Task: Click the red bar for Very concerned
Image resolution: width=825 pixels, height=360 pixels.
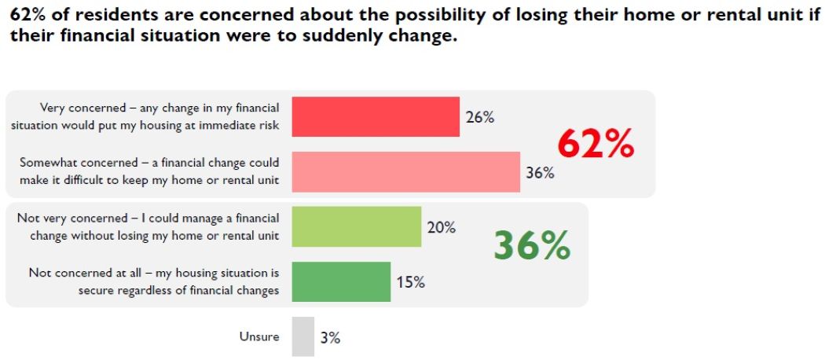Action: pos(375,117)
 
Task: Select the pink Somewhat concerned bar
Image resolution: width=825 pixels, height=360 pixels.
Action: pos(405,171)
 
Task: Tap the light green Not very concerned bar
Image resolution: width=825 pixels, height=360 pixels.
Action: pos(356,227)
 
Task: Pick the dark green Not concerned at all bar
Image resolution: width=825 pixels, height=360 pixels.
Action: pos(341,281)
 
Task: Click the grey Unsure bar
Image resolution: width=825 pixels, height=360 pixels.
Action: pos(302,336)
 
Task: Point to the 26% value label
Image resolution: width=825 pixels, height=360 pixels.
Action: pos(479,118)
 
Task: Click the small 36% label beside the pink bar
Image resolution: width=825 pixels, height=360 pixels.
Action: pos(540,173)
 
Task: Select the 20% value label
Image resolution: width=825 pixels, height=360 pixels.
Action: pos(441,228)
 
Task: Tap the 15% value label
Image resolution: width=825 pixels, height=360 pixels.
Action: pos(410,282)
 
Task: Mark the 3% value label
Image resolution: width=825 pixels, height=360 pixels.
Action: pos(330,337)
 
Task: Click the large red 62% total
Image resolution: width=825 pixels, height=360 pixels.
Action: pos(595,145)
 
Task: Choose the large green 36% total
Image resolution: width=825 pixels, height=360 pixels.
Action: pos(531,246)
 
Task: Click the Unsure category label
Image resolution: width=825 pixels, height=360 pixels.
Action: pos(259,336)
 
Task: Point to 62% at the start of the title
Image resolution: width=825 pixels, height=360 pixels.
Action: pos(27,14)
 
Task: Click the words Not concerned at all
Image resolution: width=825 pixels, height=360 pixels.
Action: pos(77,273)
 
